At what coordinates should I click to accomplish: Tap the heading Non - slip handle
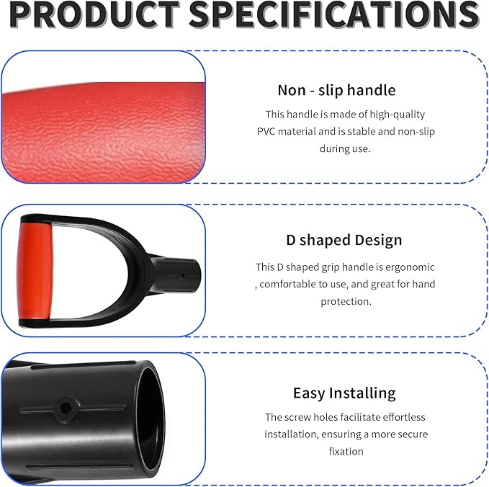(x=336, y=90)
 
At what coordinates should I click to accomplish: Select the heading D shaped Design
(x=344, y=240)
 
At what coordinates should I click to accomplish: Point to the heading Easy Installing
(x=344, y=393)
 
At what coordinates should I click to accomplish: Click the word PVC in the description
(x=268, y=131)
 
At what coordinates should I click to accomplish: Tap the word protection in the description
(x=346, y=301)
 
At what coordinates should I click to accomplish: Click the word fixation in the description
(x=344, y=451)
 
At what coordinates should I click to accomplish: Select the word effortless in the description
(x=399, y=416)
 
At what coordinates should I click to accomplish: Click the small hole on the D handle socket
(x=183, y=274)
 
